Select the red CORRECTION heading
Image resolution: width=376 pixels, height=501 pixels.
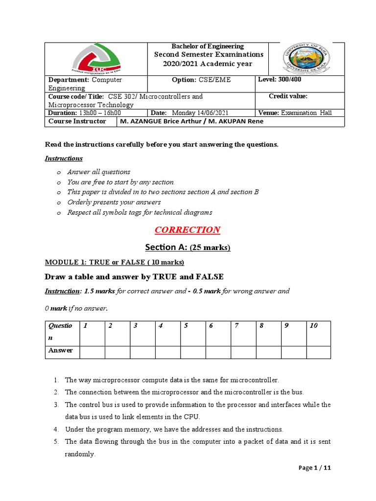tap(188, 230)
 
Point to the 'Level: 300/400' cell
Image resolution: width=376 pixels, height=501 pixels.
tap(279, 80)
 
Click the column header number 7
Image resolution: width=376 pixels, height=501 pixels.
tap(236, 325)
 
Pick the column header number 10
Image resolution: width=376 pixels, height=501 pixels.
tap(314, 325)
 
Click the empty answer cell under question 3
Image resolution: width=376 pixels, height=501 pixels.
tap(142, 351)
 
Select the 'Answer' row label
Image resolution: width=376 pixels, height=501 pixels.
tap(60, 350)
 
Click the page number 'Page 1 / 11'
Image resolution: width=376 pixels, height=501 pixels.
tap(315, 468)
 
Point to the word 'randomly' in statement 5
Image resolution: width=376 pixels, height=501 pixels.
tap(80, 454)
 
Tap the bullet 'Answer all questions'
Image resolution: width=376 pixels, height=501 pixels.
tap(98, 172)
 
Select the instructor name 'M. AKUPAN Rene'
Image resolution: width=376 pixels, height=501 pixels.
tap(238, 121)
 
